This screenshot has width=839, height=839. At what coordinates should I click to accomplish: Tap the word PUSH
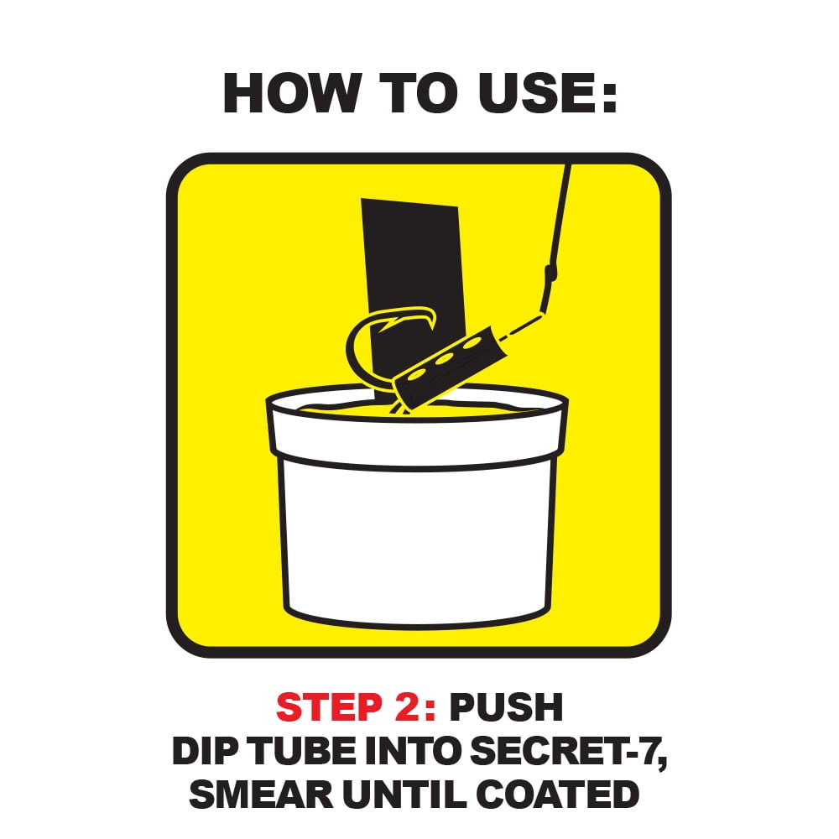click(x=506, y=706)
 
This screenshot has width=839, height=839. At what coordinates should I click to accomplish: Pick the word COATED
click(x=558, y=794)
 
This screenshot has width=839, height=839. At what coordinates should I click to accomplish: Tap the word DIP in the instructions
click(x=205, y=750)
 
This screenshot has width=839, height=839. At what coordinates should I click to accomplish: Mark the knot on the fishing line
click(x=550, y=273)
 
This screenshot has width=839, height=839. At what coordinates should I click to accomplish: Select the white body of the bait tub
click(x=417, y=540)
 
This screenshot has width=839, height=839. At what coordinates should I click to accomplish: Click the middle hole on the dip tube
click(x=443, y=358)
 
